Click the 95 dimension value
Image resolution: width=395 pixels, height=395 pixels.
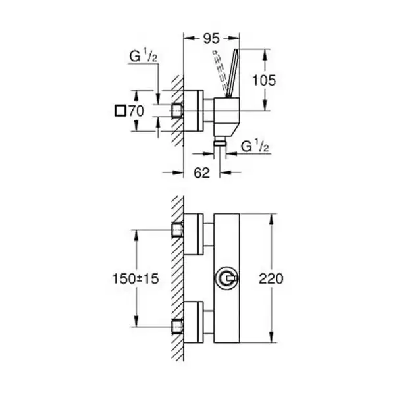tap(211, 39)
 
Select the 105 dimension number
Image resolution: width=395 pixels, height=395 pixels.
tap(264, 80)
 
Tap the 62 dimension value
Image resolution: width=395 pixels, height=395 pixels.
tap(201, 172)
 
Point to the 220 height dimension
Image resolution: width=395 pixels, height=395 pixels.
tap(271, 278)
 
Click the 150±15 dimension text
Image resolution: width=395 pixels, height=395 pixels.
tap(136, 278)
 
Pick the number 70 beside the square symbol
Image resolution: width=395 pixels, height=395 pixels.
tap(136, 111)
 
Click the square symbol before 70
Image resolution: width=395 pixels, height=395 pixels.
tap(120, 111)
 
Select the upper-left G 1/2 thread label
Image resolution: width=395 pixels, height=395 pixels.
tap(144, 56)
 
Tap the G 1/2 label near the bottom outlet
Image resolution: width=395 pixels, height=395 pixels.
tap(255, 146)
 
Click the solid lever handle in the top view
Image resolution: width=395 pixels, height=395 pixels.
tap(232, 73)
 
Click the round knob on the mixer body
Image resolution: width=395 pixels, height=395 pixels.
tap(226, 278)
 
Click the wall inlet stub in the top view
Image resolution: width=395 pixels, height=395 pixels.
tap(177, 111)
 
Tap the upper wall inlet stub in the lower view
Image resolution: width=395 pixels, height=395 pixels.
tap(177, 230)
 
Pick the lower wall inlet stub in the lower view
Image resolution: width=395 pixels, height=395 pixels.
tap(177, 327)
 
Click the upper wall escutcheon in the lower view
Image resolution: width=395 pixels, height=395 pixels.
tap(194, 234)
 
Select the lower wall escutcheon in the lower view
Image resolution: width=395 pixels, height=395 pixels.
tap(194, 322)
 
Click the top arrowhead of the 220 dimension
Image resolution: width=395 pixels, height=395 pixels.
tap(271, 220)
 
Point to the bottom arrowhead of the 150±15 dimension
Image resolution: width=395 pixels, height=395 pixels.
tap(136, 321)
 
